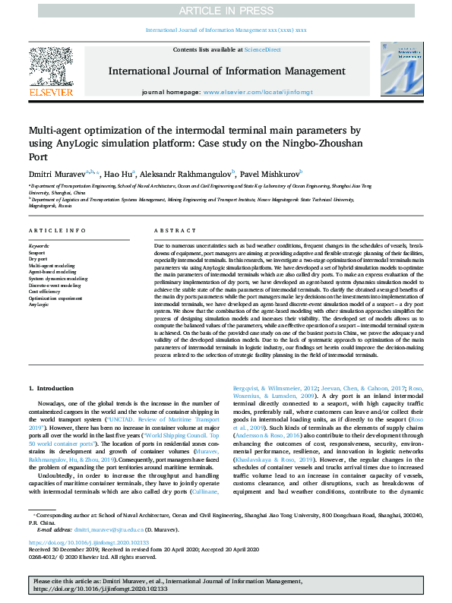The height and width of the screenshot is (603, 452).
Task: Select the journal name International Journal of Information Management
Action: pos(226,71)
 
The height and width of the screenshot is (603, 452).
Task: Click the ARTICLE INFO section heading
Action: pos(57,230)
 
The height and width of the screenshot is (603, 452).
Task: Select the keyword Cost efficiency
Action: pos(46,291)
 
